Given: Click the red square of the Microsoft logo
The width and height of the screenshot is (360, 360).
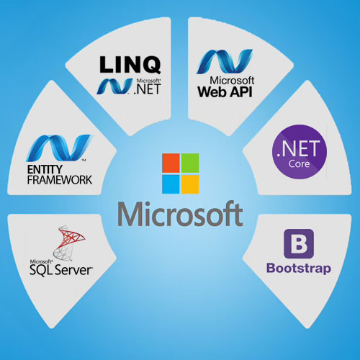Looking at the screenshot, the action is (171, 163).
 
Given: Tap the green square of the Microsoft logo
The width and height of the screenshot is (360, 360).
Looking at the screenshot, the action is (190, 163).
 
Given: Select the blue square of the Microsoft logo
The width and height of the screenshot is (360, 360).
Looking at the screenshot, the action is (171, 184).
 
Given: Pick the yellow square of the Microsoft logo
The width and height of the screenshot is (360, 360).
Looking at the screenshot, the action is (190, 184).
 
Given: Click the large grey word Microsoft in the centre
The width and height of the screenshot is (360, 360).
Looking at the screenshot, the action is (180, 214).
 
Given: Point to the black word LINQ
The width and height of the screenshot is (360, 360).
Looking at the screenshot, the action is (130, 65).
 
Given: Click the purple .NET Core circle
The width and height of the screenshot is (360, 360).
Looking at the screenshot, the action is (300, 152).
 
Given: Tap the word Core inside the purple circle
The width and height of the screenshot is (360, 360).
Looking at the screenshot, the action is (299, 163).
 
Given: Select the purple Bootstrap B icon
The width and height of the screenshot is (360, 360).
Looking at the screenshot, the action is (299, 244).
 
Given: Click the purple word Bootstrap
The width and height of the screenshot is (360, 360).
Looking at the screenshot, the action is (299, 269).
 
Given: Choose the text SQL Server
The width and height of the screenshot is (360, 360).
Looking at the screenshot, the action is (61, 270).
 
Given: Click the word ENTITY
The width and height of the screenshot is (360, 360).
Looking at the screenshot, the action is (45, 170).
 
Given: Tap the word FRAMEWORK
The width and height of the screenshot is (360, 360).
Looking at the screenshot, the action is (60, 180).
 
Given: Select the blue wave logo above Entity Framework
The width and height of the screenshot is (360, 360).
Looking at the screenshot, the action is (59, 148).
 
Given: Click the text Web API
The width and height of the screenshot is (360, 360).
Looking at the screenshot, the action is (225, 91).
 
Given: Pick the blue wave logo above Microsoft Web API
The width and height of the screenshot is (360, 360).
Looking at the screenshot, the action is (225, 61).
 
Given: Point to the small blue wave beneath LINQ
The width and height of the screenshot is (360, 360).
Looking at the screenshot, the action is (114, 86).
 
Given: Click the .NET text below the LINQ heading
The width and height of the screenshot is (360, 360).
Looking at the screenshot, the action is (148, 89).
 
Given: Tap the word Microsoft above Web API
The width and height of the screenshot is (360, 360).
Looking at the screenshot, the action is (232, 80).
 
